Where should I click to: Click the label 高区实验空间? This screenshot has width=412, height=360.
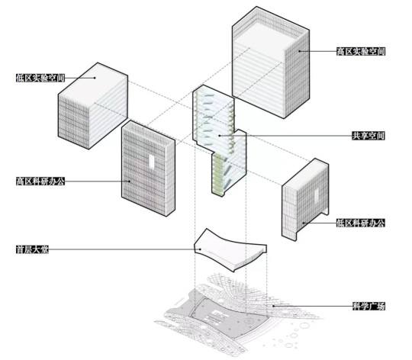[x=361, y=51]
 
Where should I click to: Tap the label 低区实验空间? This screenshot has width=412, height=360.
[x=40, y=78]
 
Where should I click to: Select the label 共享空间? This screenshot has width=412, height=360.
[x=369, y=136]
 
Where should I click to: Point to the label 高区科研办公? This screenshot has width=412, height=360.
[x=40, y=182]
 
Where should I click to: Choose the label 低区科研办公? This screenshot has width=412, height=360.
[x=360, y=223]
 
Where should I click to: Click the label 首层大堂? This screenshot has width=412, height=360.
[x=32, y=249]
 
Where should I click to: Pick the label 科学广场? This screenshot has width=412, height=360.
[x=369, y=306]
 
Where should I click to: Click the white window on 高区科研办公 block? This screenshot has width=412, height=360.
[x=152, y=161]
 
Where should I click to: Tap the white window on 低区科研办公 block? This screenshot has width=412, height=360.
[x=317, y=194]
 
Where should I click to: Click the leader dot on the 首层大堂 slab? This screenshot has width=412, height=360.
[x=200, y=249]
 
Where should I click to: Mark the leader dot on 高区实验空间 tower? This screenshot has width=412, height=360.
[x=299, y=51]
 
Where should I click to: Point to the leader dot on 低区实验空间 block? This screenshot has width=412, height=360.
[x=95, y=78]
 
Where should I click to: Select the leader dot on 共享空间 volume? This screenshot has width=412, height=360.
[x=220, y=136]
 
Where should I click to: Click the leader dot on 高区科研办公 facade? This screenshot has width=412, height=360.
[x=130, y=182]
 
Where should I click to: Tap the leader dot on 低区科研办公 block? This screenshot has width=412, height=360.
[x=304, y=223]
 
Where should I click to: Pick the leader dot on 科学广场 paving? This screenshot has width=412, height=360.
[x=274, y=306]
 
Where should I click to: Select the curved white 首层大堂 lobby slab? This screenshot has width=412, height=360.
[x=230, y=249]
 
